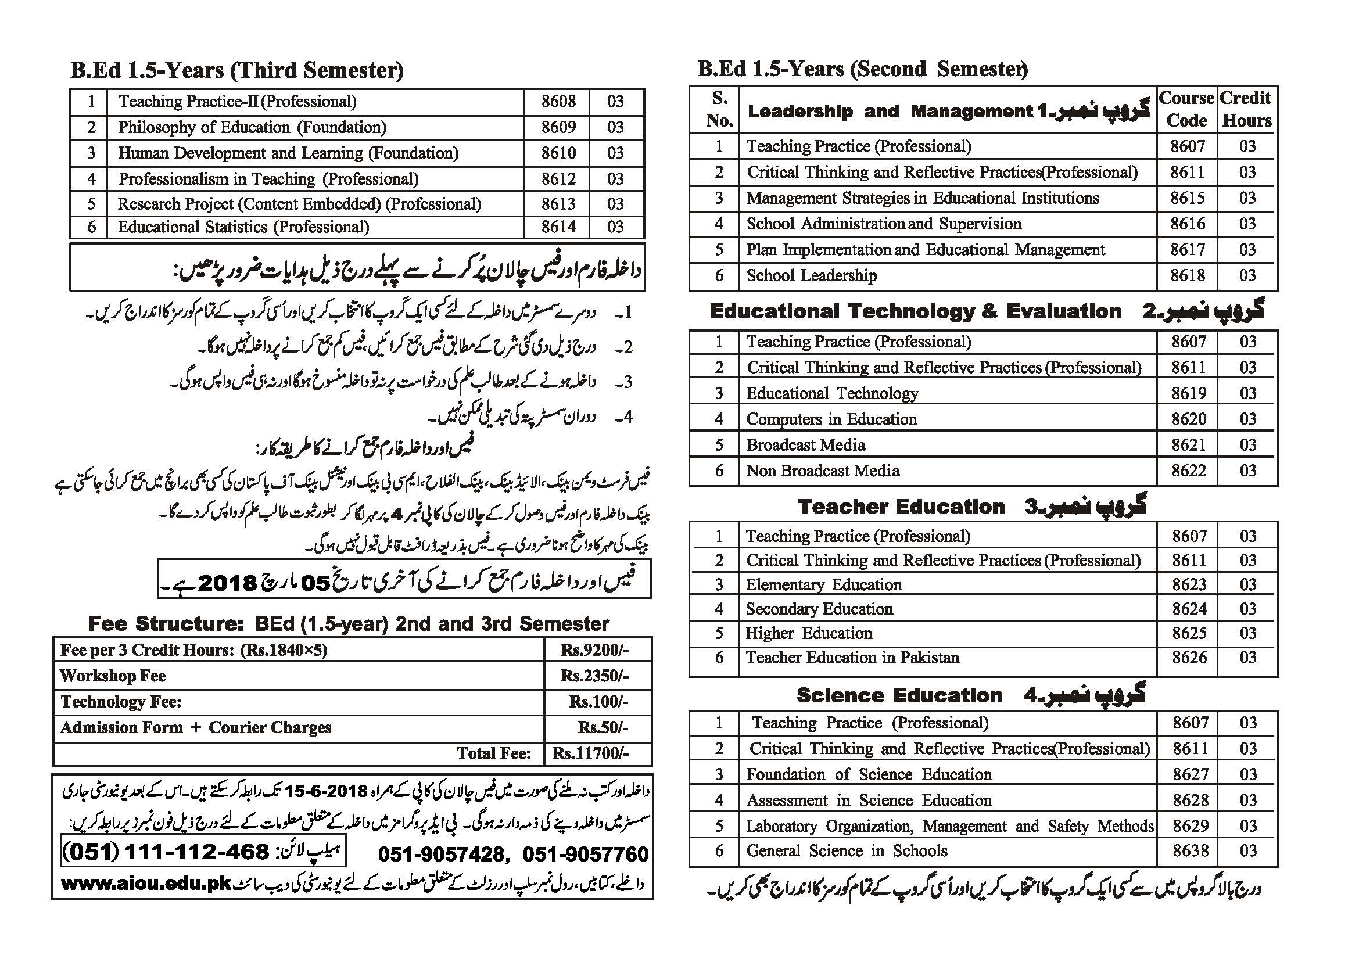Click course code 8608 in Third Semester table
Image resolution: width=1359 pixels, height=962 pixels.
557,101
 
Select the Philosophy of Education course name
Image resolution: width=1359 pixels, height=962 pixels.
252,127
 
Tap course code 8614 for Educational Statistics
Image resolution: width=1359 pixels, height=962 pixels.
557,227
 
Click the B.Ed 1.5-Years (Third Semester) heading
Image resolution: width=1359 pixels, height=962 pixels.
237,70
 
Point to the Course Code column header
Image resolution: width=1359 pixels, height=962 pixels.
1186,109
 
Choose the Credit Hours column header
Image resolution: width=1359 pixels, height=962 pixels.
1246,109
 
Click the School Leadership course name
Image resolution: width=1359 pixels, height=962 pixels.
811,275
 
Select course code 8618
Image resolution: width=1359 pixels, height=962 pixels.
1187,275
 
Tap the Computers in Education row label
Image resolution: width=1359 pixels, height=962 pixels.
831,419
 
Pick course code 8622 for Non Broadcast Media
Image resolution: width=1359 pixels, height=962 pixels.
1188,471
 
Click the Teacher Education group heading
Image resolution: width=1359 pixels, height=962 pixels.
901,507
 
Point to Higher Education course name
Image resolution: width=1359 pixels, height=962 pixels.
809,633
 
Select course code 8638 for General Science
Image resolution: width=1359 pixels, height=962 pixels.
1190,851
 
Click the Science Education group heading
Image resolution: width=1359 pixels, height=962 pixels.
899,695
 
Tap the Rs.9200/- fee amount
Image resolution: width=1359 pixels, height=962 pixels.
595,651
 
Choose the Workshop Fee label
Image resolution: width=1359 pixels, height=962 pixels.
113,676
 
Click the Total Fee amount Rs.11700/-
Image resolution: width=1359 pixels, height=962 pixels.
590,753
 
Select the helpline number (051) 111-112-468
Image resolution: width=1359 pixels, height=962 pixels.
166,852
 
